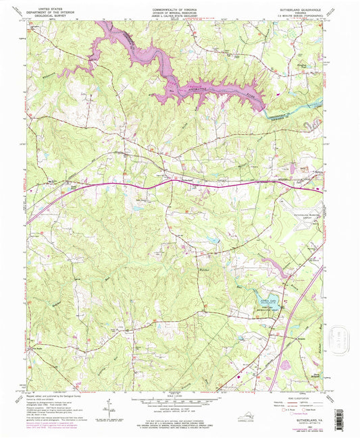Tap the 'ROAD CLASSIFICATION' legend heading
pyautogui.click(x=290, y=395)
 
